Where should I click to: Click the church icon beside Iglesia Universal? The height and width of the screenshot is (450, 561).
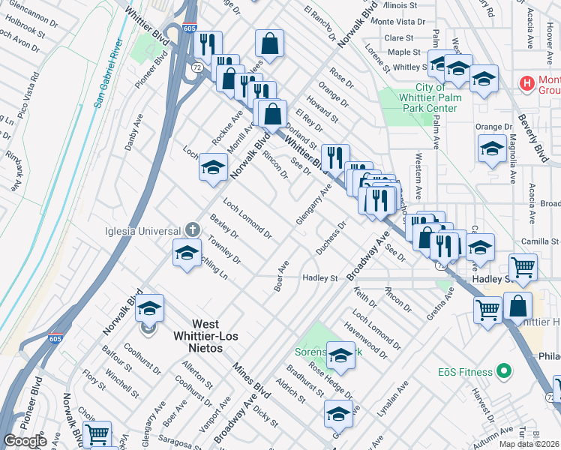coord(193,229)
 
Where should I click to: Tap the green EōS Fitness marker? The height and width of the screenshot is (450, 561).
coord(505,371)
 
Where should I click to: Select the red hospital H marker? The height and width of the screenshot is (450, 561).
coord(526,81)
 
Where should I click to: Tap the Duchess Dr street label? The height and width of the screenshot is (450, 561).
coord(332,238)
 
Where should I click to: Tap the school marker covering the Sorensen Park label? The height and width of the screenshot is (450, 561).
coord(340,356)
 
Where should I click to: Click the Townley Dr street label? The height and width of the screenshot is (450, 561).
coord(225,250)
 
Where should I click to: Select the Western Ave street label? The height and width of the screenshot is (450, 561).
coord(418,172)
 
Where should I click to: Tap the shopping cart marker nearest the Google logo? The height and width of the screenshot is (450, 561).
coord(97,434)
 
